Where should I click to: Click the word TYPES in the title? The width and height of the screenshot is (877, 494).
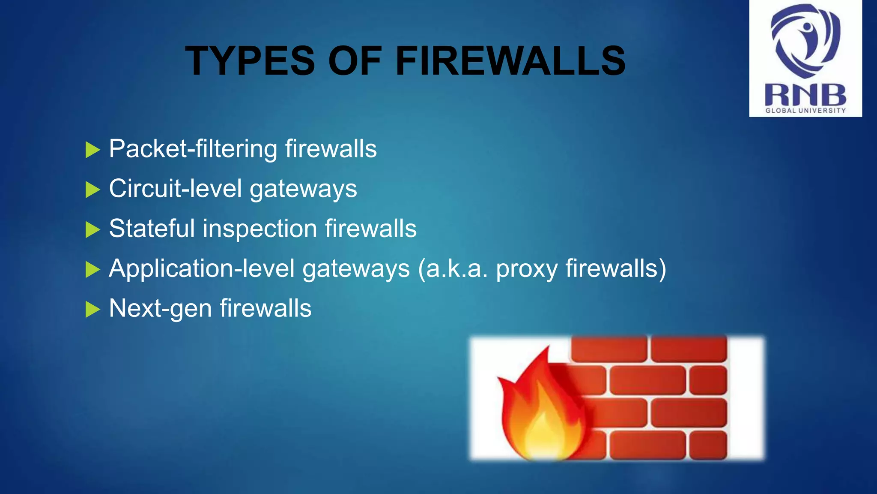pos(250,61)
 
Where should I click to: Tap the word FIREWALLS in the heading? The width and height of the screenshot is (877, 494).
pos(510,61)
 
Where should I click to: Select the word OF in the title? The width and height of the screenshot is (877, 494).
pos(355,61)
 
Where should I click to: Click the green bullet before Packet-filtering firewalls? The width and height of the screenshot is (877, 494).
pos(92,150)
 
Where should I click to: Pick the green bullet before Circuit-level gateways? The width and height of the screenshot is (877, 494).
pos(92,190)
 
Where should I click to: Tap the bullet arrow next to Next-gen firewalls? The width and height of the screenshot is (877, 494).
pos(92,309)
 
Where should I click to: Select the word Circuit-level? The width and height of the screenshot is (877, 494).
pos(175,189)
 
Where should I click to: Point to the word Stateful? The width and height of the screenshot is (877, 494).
pos(152,228)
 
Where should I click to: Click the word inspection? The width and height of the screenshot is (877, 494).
pos(260,229)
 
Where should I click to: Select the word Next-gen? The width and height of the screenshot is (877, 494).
pos(160,309)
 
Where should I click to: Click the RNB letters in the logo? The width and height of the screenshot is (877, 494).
pos(805,95)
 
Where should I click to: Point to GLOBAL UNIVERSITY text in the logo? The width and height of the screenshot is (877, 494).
pos(805,111)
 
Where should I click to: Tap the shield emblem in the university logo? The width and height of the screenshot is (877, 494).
pos(805,41)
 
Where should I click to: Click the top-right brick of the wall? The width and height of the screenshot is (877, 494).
pos(689,348)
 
